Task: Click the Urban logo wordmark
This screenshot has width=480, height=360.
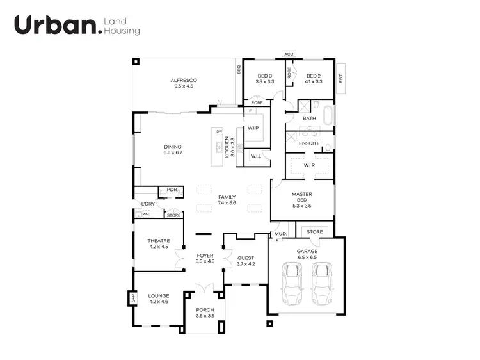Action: (x=57, y=25)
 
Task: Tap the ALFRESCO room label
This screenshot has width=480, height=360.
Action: (x=184, y=83)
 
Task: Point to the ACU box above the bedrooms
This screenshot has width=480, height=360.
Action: (x=289, y=54)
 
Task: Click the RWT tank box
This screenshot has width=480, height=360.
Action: (x=340, y=78)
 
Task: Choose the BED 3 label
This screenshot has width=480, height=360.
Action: (x=264, y=79)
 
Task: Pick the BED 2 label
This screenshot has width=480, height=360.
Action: (x=314, y=79)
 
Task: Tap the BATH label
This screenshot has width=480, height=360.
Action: (x=309, y=118)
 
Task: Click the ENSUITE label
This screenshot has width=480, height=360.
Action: (x=309, y=143)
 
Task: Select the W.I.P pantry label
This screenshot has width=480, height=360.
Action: (x=253, y=127)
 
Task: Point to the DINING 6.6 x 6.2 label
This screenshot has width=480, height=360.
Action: (x=173, y=149)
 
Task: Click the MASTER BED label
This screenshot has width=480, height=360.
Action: (x=301, y=200)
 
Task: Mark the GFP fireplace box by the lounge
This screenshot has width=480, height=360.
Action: (x=133, y=298)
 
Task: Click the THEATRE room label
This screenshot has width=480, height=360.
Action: (x=158, y=243)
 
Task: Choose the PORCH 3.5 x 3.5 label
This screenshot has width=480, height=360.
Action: (x=205, y=313)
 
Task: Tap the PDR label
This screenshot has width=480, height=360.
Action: (x=171, y=190)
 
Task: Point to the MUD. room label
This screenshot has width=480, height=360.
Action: (x=280, y=234)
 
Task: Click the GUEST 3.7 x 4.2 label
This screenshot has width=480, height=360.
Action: (x=246, y=261)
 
